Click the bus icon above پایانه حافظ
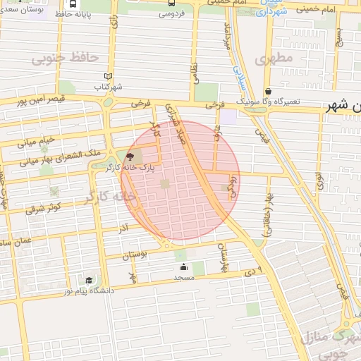(74, 4)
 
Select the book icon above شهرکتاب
(108, 76)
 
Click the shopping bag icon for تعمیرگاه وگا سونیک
(268, 91)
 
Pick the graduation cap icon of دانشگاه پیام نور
(89, 280)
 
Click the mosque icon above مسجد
(184, 267)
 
